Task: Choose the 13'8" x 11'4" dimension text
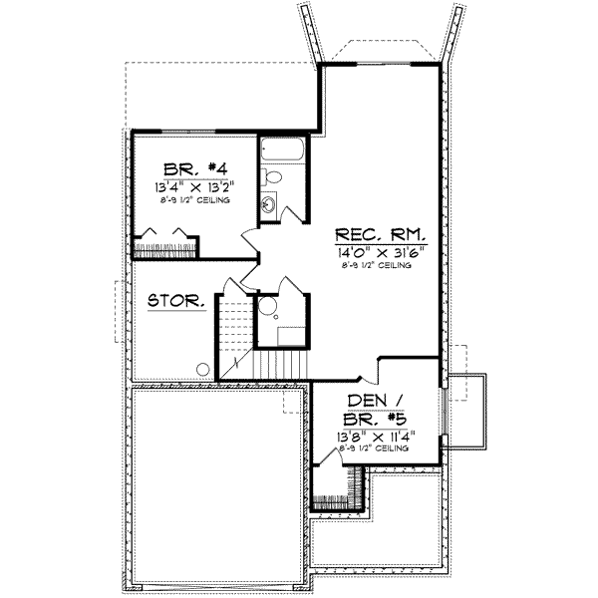(373, 436)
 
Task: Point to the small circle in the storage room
(202, 369)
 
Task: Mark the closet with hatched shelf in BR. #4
(164, 243)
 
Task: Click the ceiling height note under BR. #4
(194, 199)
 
